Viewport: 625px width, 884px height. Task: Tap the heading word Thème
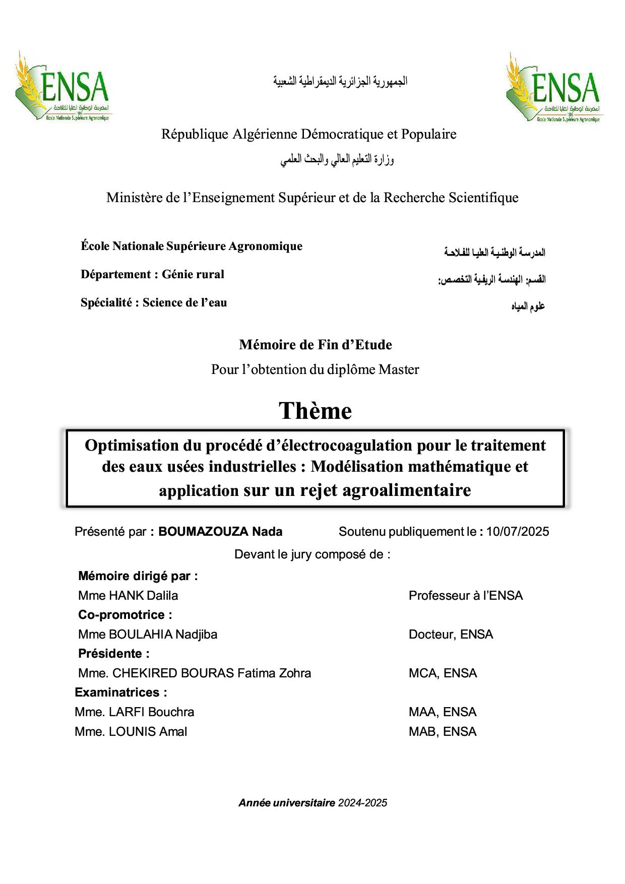[316, 411]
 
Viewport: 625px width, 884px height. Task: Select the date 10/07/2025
[518, 532]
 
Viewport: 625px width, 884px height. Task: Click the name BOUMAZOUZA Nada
[220, 532]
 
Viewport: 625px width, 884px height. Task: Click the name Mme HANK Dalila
[128, 596]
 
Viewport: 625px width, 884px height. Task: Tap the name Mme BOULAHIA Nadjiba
[148, 635]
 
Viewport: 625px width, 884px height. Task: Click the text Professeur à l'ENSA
[466, 596]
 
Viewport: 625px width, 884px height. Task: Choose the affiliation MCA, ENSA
[443, 673]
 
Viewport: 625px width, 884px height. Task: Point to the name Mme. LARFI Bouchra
[134, 712]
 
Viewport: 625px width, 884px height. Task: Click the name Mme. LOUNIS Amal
[131, 732]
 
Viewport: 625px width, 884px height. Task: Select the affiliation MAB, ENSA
[443, 732]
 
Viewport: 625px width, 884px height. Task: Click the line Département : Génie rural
[152, 275]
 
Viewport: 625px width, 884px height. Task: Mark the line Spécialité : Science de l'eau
[154, 303]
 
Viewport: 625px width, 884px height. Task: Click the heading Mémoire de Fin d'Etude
[316, 345]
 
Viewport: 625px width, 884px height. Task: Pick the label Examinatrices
[120, 692]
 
